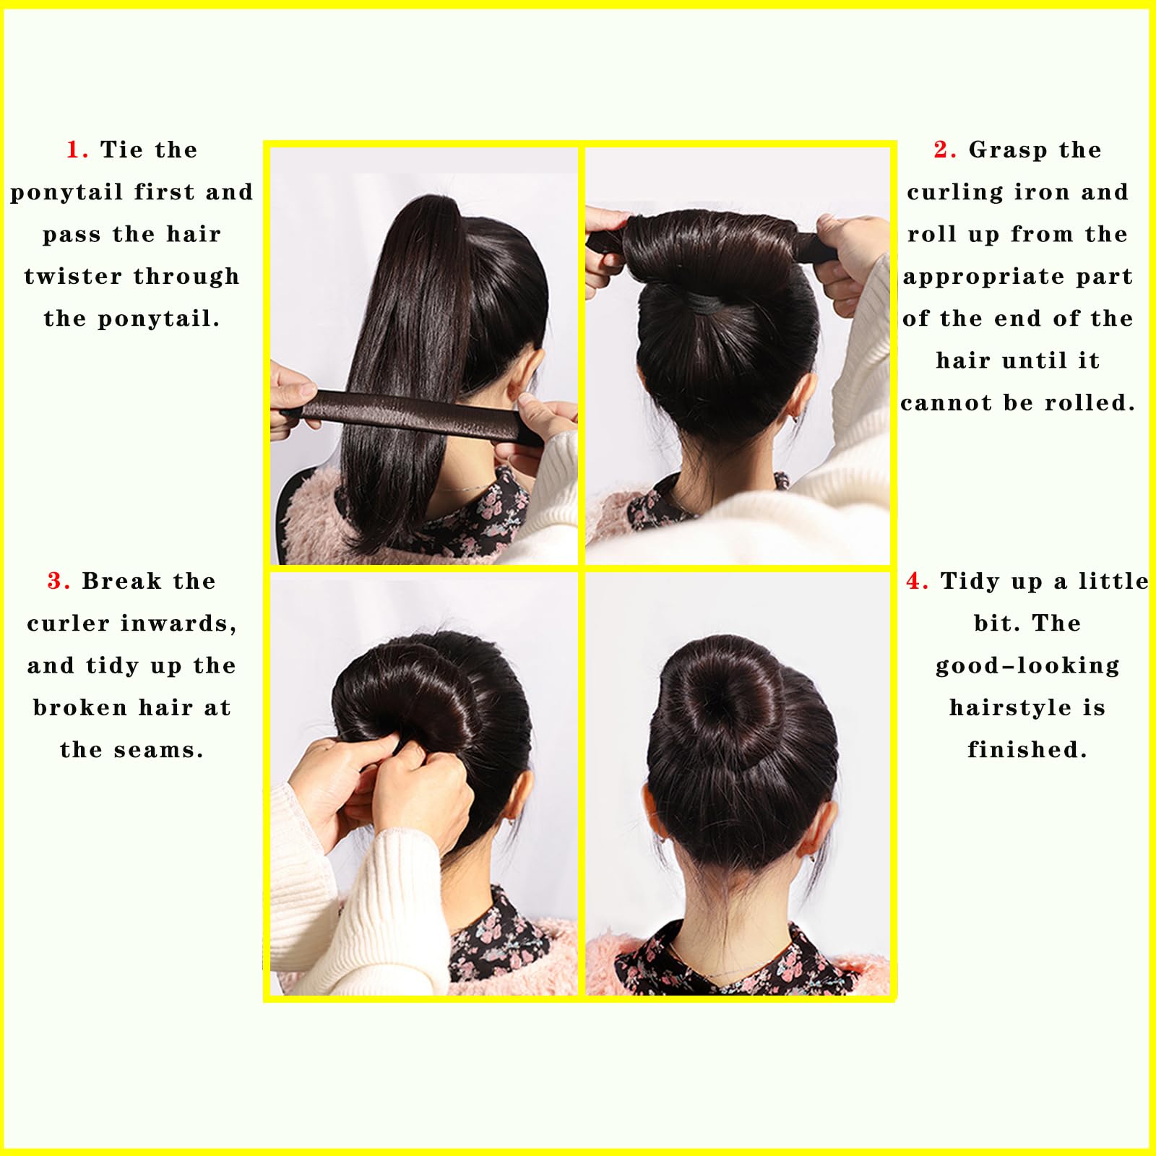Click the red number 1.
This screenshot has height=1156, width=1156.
click(x=73, y=150)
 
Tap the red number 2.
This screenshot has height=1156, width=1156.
click(x=941, y=150)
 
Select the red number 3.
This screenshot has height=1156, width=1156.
click(x=56, y=581)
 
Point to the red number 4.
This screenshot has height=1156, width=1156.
click(x=914, y=581)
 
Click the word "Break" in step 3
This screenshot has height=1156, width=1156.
click(x=121, y=581)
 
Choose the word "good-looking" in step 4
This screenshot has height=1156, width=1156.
click(x=1027, y=666)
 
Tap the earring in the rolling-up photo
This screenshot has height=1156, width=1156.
click(x=795, y=416)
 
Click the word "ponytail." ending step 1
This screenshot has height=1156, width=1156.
click(x=159, y=319)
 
